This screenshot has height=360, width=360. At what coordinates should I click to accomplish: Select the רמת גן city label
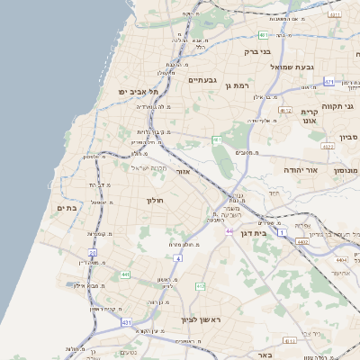point(236,86)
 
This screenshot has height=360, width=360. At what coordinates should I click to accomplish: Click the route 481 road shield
point(264,35)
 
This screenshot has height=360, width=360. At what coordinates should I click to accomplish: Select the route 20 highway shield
point(92,253)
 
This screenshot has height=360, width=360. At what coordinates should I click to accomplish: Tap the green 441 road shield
point(125,274)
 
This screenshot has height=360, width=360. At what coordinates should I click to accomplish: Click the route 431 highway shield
point(127,321)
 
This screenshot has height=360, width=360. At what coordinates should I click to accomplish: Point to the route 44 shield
point(229,231)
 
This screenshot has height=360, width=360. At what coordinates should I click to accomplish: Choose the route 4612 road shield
point(285,110)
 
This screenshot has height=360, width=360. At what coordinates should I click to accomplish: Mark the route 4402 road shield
point(302,241)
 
